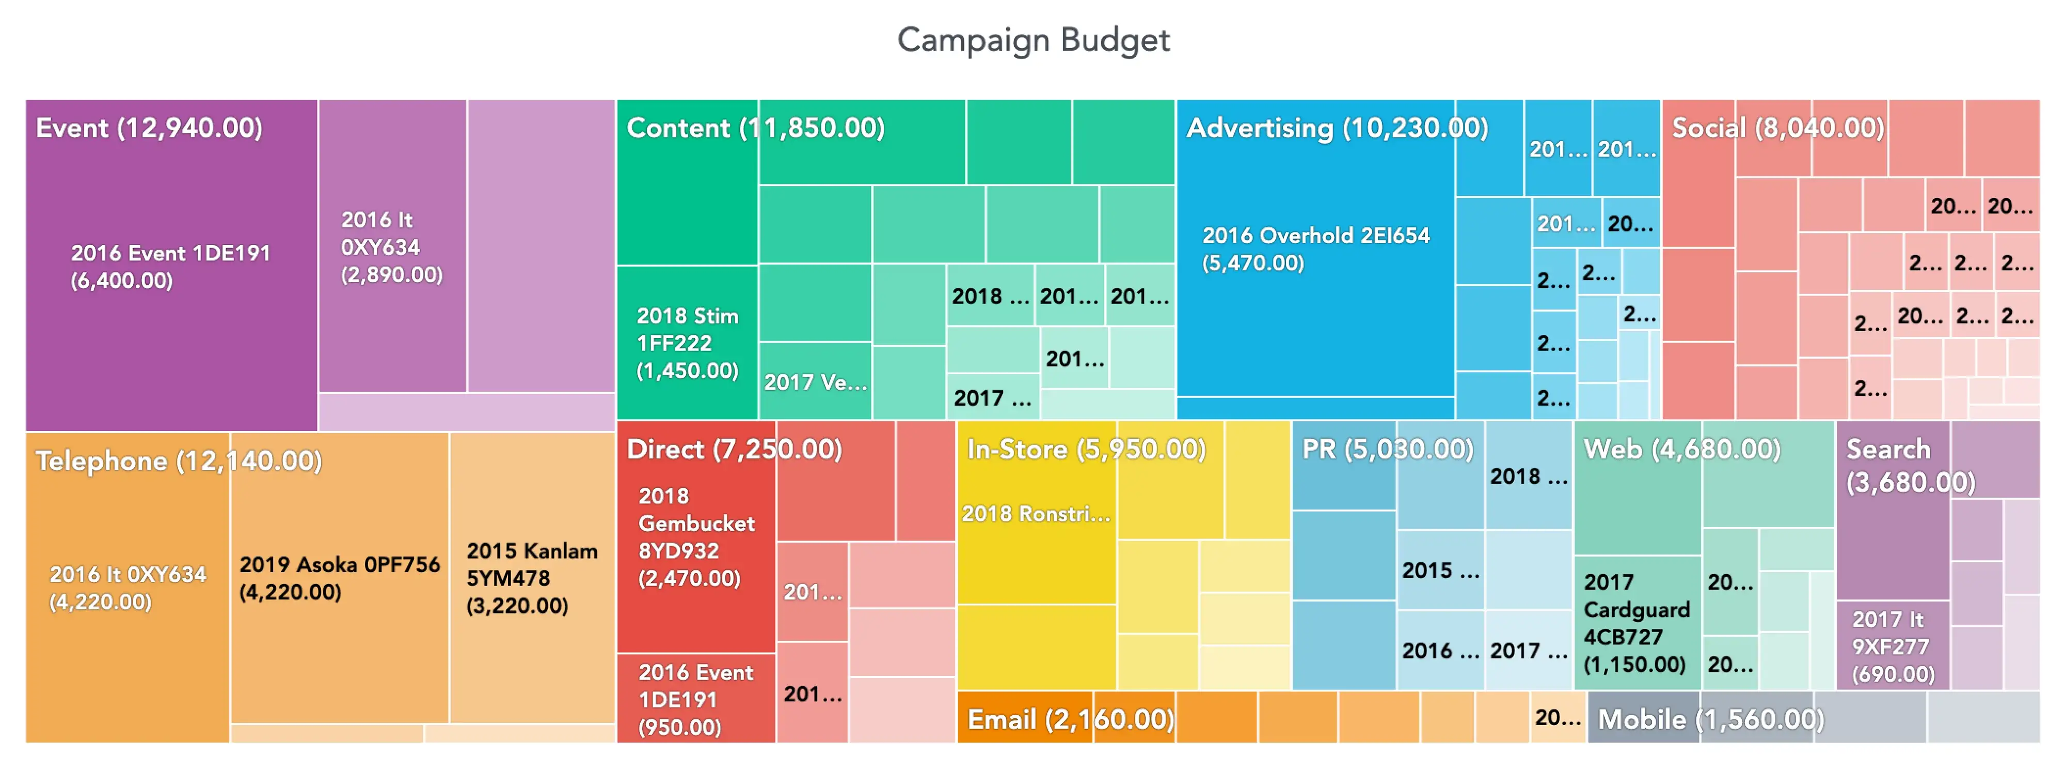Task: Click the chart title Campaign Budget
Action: [1032, 40]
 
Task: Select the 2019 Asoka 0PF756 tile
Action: [339, 578]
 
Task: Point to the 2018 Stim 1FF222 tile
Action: [687, 343]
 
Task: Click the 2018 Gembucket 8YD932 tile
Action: [696, 537]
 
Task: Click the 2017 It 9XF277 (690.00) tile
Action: [1892, 645]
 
